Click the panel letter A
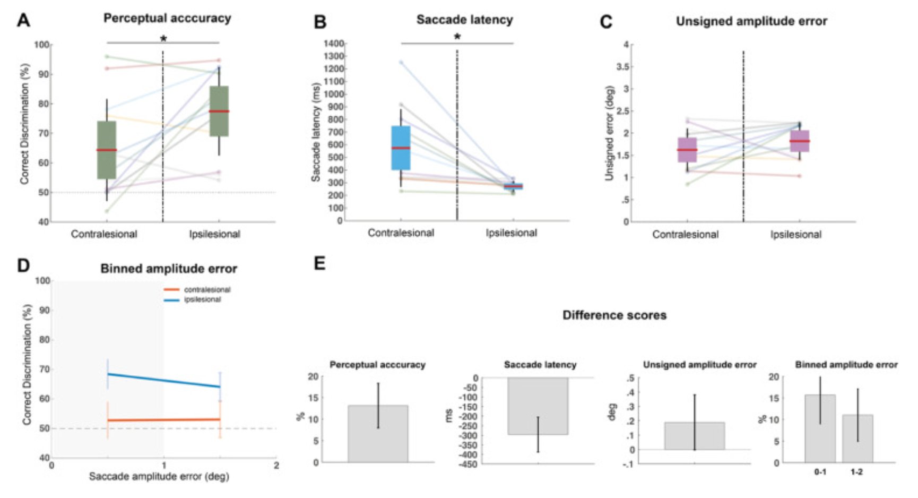point(23,20)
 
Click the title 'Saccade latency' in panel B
point(464,20)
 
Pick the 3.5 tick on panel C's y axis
point(622,67)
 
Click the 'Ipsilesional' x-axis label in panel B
point(511,233)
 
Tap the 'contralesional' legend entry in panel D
point(207,290)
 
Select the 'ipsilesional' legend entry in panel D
point(202,300)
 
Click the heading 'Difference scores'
point(614,315)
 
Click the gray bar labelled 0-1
point(820,429)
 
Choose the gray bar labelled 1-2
point(857,439)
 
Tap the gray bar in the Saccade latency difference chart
point(538,406)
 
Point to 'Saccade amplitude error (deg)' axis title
point(159,477)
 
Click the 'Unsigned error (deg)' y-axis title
point(610,133)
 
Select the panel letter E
point(319,263)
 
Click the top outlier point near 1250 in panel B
point(401,62)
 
